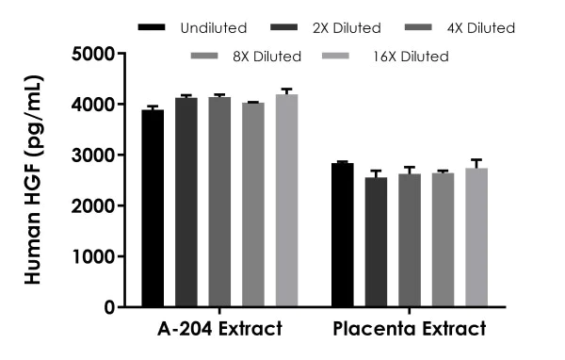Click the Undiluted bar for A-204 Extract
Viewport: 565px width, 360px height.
pyautogui.click(x=153, y=208)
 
